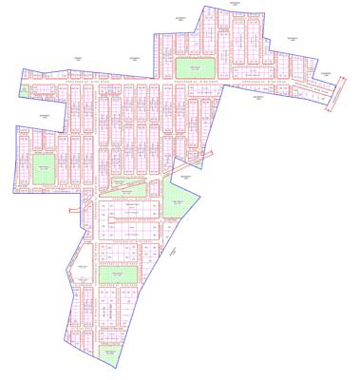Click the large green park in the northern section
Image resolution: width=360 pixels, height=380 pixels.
pos(194,69)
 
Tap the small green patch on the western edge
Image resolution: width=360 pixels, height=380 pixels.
pos(21,90)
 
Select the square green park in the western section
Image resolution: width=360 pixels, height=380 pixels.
pos(44,170)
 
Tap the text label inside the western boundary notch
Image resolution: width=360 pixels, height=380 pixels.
pos(44,113)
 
